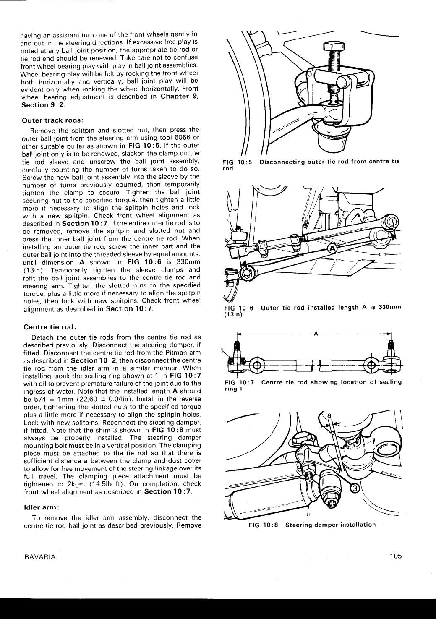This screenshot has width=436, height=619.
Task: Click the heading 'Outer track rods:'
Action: tap(53, 120)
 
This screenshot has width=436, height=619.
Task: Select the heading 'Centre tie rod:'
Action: tap(50, 327)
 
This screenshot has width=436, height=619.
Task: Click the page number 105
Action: tap(395, 556)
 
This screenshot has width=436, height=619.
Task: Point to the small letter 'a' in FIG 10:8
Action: tap(329, 415)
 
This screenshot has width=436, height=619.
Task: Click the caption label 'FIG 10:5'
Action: tap(238, 162)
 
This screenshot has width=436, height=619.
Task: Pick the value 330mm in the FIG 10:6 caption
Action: tap(389, 307)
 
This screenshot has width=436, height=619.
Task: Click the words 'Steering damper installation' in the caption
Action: tap(330, 525)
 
